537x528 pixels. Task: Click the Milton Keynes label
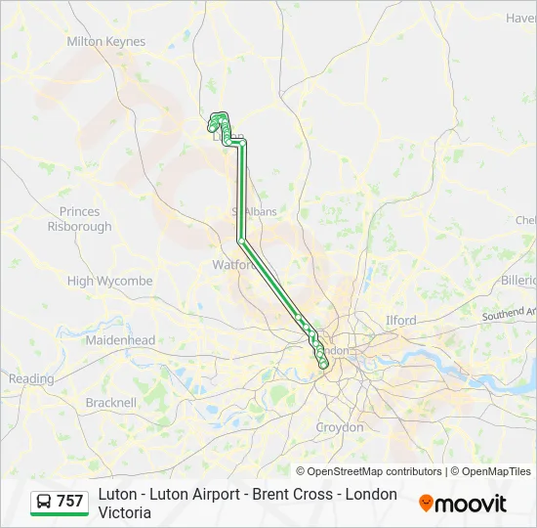click(x=105, y=42)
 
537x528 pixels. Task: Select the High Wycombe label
click(x=109, y=282)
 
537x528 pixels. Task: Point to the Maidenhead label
click(x=120, y=340)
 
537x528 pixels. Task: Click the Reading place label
click(x=31, y=378)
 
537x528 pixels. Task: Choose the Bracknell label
click(x=110, y=402)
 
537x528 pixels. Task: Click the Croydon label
click(x=339, y=427)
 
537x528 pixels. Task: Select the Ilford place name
click(x=400, y=320)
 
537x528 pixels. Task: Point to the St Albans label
click(x=254, y=211)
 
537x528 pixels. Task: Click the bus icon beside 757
click(x=44, y=502)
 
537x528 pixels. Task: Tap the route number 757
click(x=69, y=502)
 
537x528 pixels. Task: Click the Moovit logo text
click(x=471, y=504)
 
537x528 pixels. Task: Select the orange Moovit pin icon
click(x=426, y=504)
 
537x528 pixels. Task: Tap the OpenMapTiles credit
click(x=496, y=471)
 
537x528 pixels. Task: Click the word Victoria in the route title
click(x=124, y=512)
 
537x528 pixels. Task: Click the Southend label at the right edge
click(x=510, y=314)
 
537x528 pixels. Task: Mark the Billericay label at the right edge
click(x=518, y=281)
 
